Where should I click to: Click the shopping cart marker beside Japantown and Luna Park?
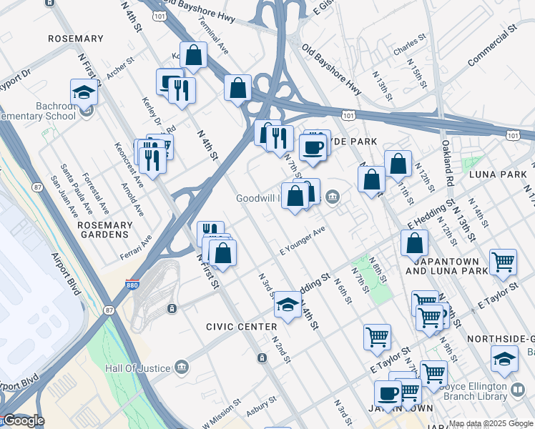tap(504, 262)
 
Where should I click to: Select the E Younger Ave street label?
tap(302, 240)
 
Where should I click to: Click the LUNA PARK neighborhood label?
tap(493, 174)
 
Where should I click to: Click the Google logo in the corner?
tap(23, 420)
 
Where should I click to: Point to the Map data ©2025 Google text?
tap(491, 423)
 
